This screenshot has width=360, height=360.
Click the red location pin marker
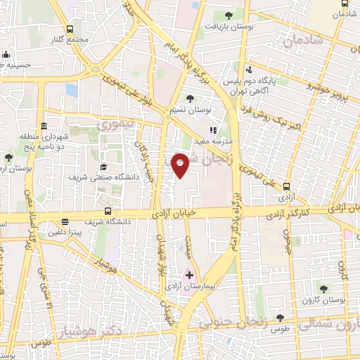click(x=181, y=165)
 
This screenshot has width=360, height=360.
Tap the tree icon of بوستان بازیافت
click(x=228, y=15)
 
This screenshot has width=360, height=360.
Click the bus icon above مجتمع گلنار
click(x=70, y=29)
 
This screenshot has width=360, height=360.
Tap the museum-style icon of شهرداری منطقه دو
click(x=44, y=126)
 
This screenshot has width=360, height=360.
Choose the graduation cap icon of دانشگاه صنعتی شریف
click(x=103, y=167)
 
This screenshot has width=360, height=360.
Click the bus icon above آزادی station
click(x=286, y=186)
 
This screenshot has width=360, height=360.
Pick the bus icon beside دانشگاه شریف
click(x=108, y=211)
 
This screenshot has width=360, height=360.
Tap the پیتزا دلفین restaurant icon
click(x=65, y=221)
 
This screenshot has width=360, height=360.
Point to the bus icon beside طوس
click(x=280, y=319)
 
